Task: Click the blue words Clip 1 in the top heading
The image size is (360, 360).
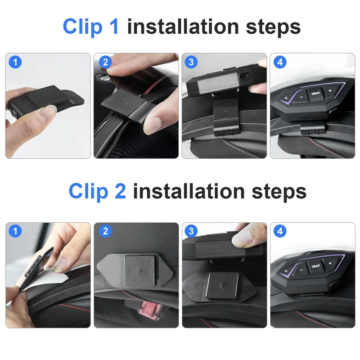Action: (x=91, y=27)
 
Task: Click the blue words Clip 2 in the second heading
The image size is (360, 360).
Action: (x=97, y=192)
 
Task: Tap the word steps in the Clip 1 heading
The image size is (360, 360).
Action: (x=273, y=27)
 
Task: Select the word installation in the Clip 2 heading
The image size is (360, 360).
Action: (x=189, y=191)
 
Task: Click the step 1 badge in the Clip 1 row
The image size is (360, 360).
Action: (x=15, y=62)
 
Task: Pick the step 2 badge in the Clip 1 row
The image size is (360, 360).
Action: (x=105, y=62)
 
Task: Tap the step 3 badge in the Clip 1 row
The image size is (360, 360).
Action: (x=191, y=62)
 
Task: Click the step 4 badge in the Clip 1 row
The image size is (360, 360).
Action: (x=280, y=62)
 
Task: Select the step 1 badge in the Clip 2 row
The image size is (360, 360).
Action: (x=15, y=231)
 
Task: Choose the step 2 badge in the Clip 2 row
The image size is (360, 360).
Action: (x=105, y=231)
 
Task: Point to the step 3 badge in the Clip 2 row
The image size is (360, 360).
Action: (x=191, y=231)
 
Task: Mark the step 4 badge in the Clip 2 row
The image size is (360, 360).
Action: (x=280, y=231)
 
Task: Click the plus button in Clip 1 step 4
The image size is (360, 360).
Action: (x=330, y=90)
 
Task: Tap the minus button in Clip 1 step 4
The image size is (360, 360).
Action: (x=301, y=97)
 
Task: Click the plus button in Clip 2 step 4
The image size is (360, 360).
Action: (x=330, y=263)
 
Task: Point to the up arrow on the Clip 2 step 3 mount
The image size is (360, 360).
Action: (x=222, y=285)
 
